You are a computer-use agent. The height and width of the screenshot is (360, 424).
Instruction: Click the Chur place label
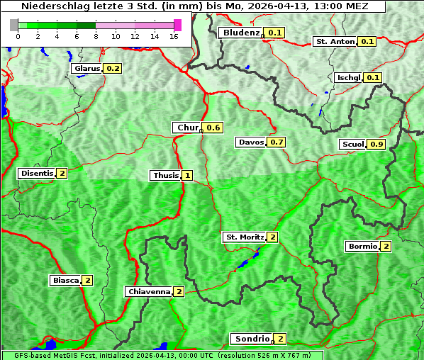pos(187,128)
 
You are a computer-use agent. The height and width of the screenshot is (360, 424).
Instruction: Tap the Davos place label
pos(251,142)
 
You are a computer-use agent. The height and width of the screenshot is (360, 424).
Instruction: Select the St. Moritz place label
pos(244,237)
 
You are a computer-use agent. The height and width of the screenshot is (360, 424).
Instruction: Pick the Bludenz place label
pos(240,33)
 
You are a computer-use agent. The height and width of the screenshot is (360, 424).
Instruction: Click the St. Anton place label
pos(334,41)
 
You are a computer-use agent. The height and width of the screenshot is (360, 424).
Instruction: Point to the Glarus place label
pos(87,68)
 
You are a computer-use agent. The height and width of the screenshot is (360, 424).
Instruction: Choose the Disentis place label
pos(37,173)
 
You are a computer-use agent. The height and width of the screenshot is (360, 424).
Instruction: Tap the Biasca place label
pos(66,280)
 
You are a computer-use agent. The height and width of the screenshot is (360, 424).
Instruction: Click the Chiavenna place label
pos(149,291)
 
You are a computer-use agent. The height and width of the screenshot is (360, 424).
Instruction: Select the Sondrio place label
pos(252,339)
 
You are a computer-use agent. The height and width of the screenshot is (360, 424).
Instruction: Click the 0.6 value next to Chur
pos(213,128)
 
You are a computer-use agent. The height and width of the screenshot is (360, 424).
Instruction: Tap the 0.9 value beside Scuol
pos(376,145)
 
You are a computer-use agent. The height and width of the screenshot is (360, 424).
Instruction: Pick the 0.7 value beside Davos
pos(277,142)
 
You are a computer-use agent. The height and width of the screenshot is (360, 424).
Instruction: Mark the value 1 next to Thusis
pos(187,175)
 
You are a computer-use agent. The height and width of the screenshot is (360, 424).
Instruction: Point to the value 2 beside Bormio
pos(386,247)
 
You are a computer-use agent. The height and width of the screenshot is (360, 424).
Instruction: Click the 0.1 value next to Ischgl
pos(374,77)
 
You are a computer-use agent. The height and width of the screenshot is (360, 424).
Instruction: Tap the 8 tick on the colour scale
pos(96,36)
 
